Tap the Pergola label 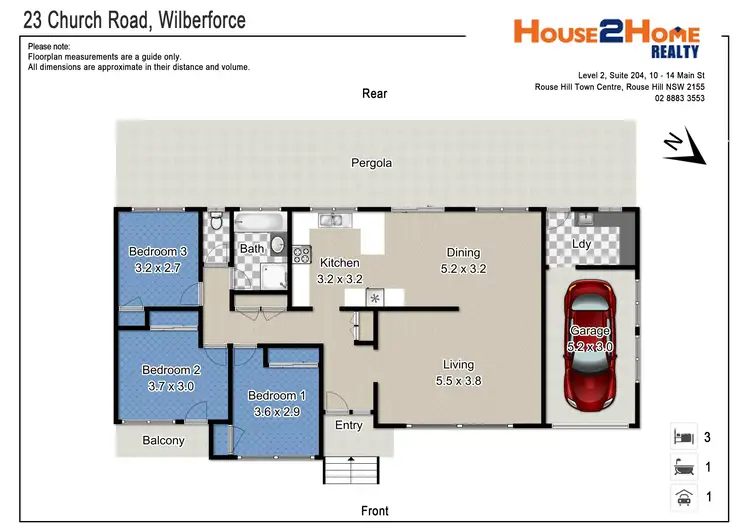tap(371, 163)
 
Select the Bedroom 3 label tap(158, 251)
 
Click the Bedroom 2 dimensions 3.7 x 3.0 tap(171, 385)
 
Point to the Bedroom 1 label tap(277, 396)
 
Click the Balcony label tap(163, 440)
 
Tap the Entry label tap(349, 426)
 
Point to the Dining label tap(463, 253)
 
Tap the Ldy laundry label tap(581, 244)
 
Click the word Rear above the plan tap(374, 94)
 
